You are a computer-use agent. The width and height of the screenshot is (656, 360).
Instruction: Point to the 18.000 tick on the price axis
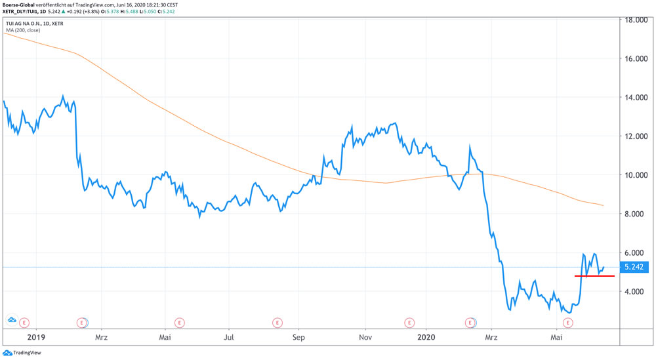634,20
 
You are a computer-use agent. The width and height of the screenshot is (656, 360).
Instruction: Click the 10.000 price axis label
634,175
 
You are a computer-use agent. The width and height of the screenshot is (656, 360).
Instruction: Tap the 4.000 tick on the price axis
634,291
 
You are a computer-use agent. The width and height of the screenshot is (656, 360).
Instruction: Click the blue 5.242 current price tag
634,267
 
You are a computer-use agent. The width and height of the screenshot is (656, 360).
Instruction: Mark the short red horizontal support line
594,276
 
